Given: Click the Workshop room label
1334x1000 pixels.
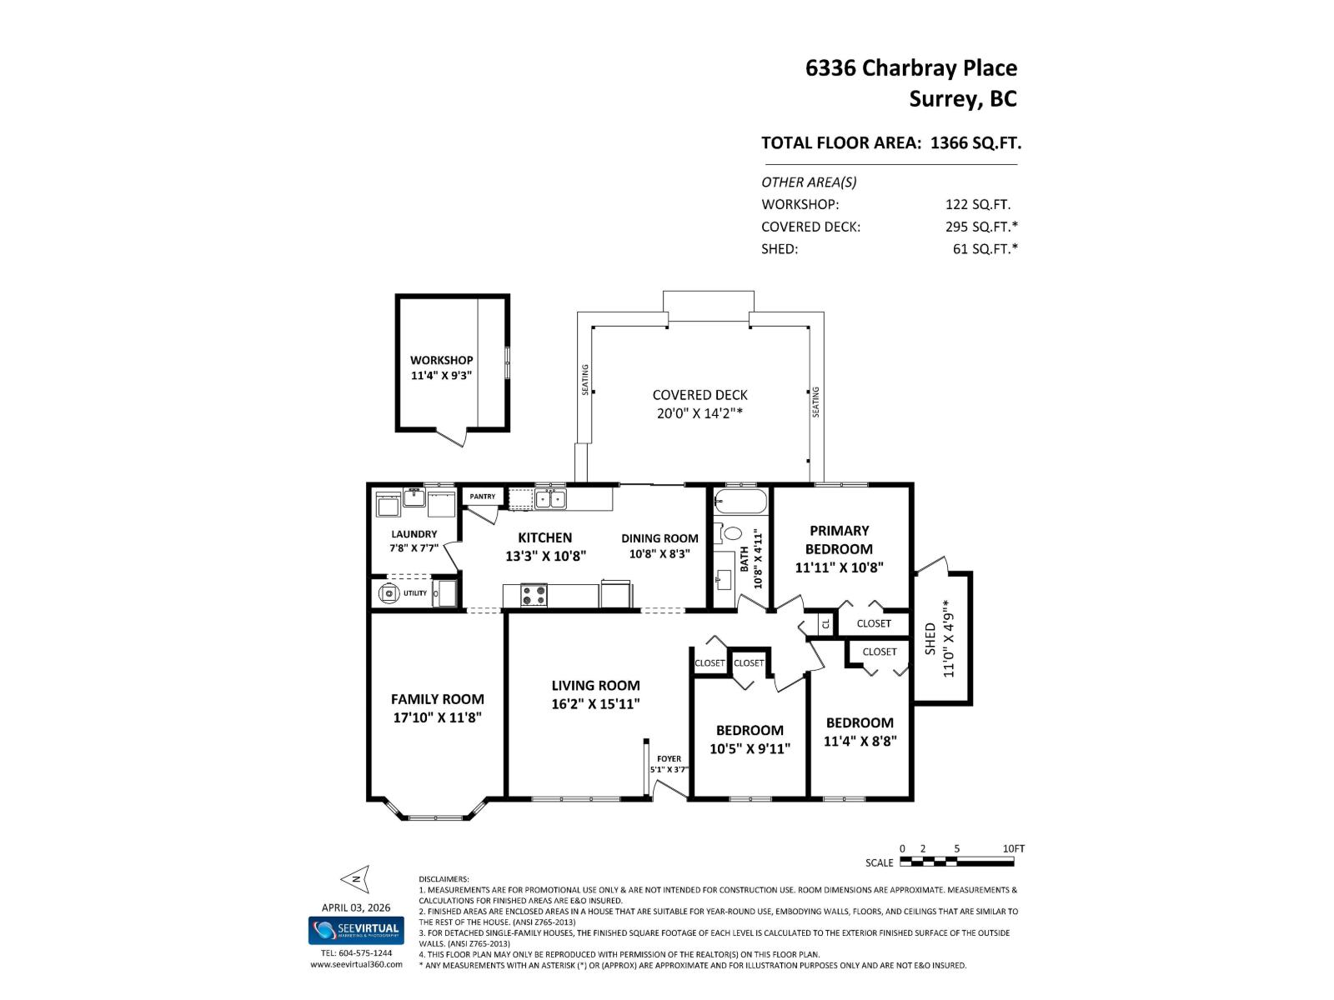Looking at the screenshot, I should coord(441,360).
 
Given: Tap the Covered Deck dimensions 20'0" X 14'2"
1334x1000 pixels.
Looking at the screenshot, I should coord(699,413).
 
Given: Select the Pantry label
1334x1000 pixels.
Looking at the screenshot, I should coord(482,497).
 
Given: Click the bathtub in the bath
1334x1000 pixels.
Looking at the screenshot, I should coord(740,503).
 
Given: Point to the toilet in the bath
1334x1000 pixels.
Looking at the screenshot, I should coord(730,532).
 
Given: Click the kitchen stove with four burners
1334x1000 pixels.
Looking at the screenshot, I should coord(534,595).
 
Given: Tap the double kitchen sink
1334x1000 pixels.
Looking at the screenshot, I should coord(549,499).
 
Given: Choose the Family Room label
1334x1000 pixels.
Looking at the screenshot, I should coord(437,699).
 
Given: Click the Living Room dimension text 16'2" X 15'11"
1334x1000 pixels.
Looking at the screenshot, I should coord(595,704).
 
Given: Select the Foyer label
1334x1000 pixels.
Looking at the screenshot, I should coord(669,759).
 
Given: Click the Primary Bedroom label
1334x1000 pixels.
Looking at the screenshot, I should coord(839,539).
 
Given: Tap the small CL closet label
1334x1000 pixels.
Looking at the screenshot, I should coord(825,623).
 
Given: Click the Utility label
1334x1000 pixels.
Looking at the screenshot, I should coord(415,593).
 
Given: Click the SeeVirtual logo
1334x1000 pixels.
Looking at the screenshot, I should coord(355,930).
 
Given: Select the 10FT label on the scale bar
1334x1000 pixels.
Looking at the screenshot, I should coord(1013,848).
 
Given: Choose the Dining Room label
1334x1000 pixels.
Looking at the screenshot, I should coord(659,538).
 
